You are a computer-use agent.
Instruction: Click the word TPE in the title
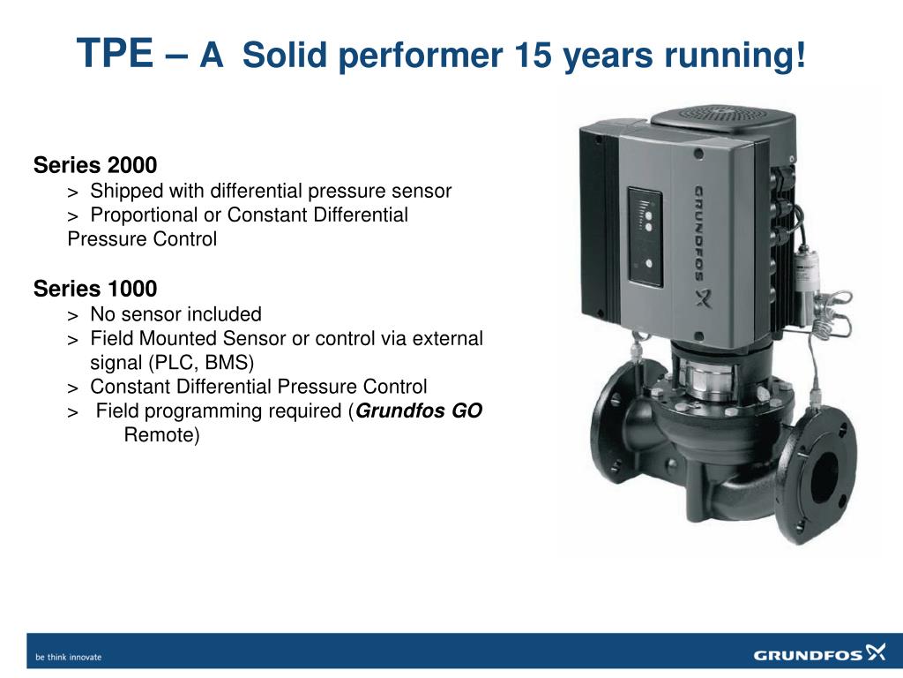[116, 53]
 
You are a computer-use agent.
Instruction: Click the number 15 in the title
[534, 56]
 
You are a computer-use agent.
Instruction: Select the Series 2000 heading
[95, 165]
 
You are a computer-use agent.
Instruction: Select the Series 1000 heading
[95, 289]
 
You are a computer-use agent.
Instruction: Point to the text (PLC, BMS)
[201, 363]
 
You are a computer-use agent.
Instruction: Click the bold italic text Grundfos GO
[419, 411]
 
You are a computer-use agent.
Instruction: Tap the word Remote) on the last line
[162, 434]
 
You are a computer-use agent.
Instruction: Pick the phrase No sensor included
[175, 314]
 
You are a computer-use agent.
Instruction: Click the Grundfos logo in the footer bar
[819, 654]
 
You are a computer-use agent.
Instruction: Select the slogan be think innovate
[69, 657]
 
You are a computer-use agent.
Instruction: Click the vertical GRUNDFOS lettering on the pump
[699, 233]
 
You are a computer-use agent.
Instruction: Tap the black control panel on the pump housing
[645, 237]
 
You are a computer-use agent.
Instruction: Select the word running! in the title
[735, 56]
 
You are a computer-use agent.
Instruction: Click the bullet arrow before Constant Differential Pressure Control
[72, 388]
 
